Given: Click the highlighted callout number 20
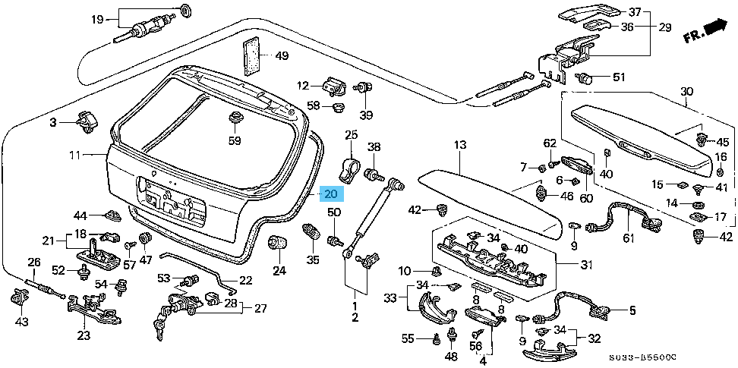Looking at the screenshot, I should coord(331,193).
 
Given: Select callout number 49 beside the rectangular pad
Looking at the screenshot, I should coord(282,56).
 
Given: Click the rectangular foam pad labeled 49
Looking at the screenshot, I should coord(251,55).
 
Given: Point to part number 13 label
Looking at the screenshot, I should coord(459,144).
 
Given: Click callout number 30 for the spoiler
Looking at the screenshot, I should coord(686,93).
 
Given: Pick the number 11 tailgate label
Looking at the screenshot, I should coord(74,156).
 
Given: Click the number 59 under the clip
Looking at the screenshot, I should coord(235,140).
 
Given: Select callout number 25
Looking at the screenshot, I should coord(350,135).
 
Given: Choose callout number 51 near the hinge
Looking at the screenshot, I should coord(618,77).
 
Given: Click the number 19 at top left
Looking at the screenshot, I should coord(97,18).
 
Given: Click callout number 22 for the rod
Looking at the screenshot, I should coord(245,280).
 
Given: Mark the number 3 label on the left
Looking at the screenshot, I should coord(54,122).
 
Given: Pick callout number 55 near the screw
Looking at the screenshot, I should coord(408,338).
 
